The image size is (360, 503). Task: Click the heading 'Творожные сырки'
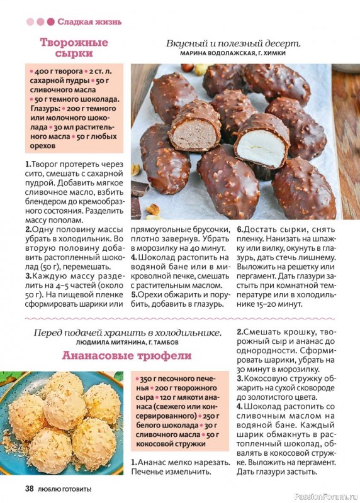pos(74,48)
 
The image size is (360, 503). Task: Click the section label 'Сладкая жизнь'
pos(89,21)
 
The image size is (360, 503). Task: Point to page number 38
pos(29,489)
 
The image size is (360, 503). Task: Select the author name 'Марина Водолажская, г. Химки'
pos(233,54)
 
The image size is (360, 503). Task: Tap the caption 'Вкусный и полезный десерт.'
pos(233,43)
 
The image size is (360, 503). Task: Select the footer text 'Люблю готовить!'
pos(65,489)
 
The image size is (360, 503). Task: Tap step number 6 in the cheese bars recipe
pos(240,229)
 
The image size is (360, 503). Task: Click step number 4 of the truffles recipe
pos(240,406)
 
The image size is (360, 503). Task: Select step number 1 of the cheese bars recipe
pos(28,163)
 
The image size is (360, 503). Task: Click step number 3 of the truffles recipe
pos(240,379)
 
